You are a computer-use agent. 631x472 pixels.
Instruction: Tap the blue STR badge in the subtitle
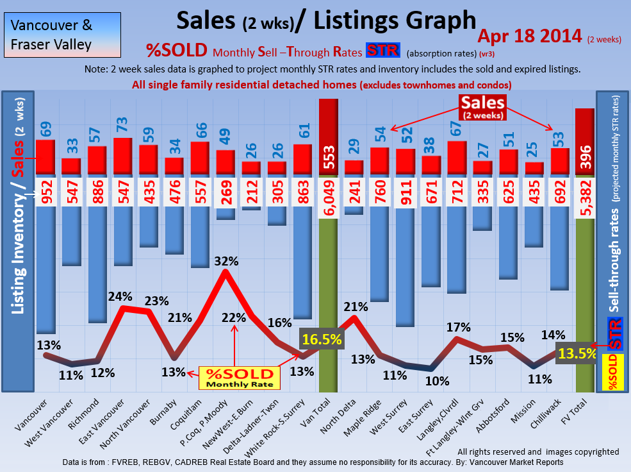(x=382, y=51)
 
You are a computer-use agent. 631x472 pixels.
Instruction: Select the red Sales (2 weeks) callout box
(x=482, y=107)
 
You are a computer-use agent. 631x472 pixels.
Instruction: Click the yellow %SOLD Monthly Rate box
(x=238, y=378)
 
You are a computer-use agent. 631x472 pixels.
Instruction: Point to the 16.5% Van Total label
(x=321, y=339)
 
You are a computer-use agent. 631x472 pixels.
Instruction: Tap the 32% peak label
(x=225, y=262)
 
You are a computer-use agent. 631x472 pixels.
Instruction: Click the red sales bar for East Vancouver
(x=122, y=156)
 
